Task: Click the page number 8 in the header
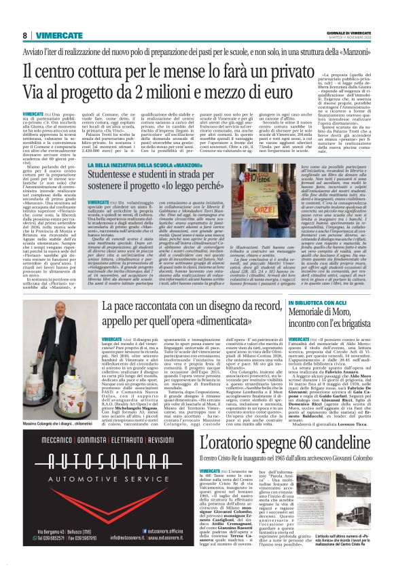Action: click(24, 35)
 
